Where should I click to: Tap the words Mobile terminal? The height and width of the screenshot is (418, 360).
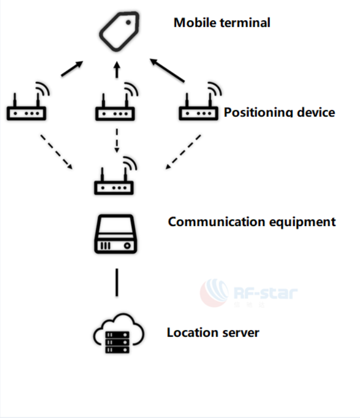point(222,23)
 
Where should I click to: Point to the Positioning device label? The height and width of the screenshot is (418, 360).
point(279,113)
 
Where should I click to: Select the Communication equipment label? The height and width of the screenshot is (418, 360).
point(251,222)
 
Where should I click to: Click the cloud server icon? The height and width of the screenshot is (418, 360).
point(118,334)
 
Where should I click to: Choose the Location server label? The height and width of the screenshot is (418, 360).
point(213,332)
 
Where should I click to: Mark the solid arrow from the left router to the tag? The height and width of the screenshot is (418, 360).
point(72,69)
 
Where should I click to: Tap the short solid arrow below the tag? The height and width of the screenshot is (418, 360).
point(116,70)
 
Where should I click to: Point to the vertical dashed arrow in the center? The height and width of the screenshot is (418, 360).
point(116,141)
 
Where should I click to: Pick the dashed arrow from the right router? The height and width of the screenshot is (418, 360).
point(184,152)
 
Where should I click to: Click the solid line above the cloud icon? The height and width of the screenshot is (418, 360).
point(116,281)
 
